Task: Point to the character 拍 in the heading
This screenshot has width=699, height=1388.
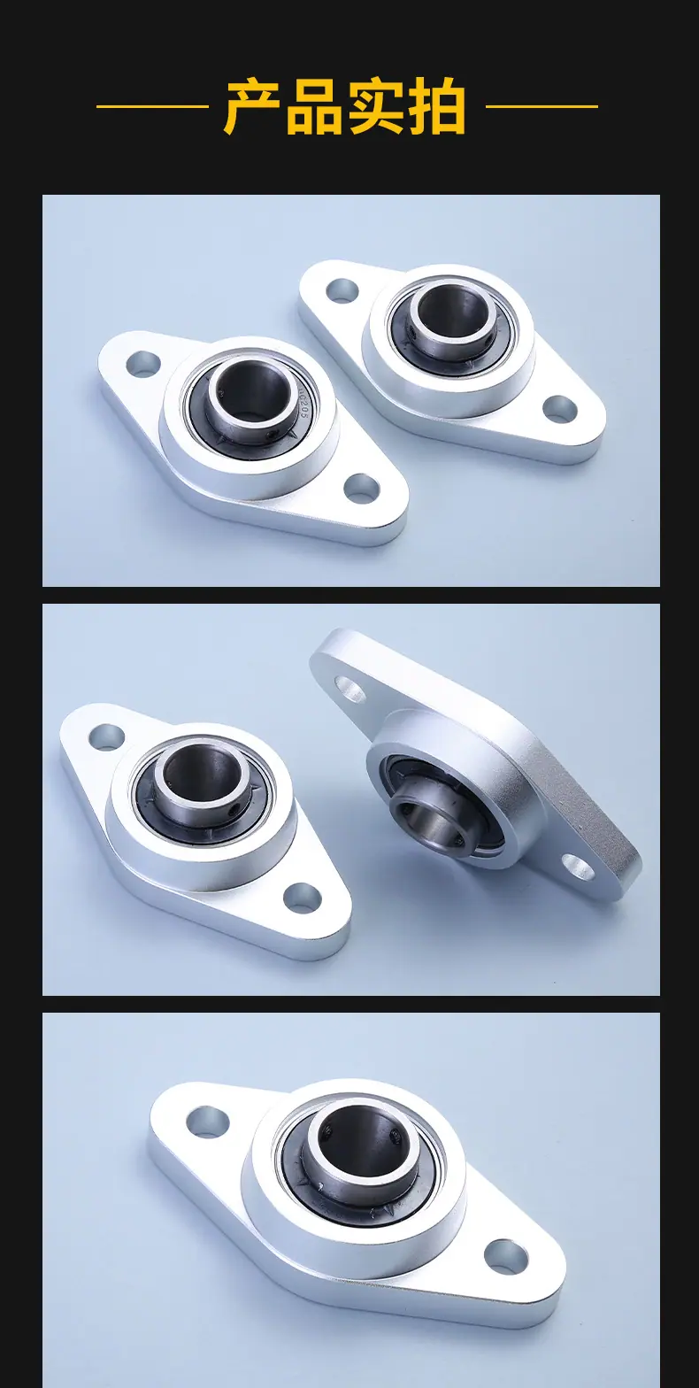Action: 436,106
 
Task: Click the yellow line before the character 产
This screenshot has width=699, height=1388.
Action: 152,106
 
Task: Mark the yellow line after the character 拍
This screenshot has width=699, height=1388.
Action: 542,106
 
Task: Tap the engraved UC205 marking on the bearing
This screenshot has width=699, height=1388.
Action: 303,404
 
